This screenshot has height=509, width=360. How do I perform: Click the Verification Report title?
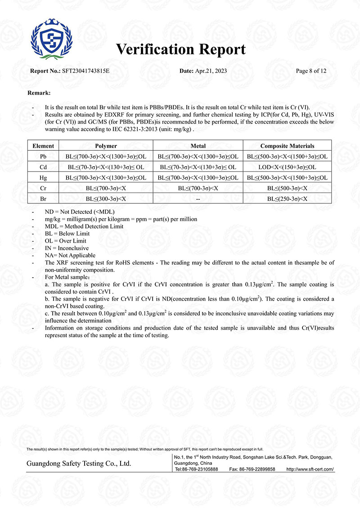[x=181, y=49]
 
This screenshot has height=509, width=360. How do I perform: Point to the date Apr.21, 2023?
[x=211, y=71]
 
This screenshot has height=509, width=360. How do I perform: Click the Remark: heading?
[x=39, y=93]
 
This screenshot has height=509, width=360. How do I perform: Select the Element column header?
[x=43, y=146]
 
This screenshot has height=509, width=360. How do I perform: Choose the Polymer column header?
[x=106, y=146]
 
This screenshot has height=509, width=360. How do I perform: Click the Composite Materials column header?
[x=287, y=146]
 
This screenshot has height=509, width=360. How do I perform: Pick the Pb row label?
[x=43, y=156]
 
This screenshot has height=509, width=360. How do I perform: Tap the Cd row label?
[x=43, y=167]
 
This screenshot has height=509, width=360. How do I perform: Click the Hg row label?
[x=43, y=178]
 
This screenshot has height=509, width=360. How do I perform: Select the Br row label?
[x=43, y=198]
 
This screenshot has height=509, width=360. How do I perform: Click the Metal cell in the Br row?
[x=198, y=198]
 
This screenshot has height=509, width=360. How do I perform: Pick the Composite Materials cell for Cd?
[x=287, y=167]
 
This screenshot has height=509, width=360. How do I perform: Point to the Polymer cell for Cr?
[x=106, y=188]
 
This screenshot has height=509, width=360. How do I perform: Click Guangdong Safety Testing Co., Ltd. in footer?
[x=79, y=463]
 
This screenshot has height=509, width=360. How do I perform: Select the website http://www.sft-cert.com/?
[x=310, y=469]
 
